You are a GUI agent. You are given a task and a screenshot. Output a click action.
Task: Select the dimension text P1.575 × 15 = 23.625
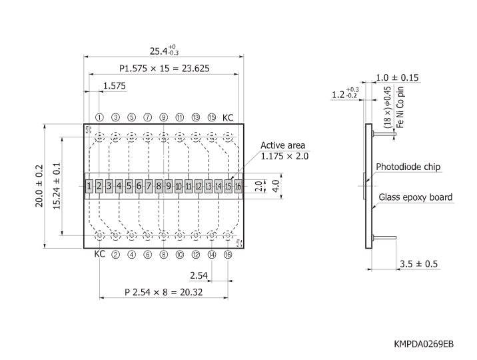pos(163,68)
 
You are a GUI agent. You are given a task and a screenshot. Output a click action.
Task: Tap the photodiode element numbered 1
pos(89,185)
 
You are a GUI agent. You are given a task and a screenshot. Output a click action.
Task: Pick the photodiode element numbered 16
pos(238,185)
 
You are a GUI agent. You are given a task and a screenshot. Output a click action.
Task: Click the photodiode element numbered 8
pos(159,185)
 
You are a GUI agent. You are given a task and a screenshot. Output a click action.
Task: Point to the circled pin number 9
pos(164,117)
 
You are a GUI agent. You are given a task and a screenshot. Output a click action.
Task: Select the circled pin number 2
pos(115,254)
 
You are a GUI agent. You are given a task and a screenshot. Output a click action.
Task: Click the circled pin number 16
pos(228,254)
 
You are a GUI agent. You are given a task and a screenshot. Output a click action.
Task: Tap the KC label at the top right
pos(229,117)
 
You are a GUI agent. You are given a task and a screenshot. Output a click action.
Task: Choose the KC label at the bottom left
pos(99,254)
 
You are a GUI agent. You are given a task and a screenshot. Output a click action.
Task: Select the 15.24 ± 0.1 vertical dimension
pos(57,185)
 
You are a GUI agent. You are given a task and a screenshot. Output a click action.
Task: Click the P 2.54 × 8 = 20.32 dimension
pos(163,291)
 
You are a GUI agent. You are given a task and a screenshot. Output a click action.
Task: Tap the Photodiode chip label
pos(408,167)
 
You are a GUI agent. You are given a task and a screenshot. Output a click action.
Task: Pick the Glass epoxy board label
pos(416,197)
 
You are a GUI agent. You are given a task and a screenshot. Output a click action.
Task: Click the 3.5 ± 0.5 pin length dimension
pos(418,264)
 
